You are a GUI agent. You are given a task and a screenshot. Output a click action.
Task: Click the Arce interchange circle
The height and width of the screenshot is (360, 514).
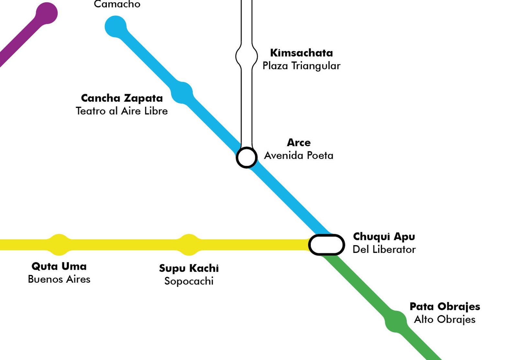click(247, 158)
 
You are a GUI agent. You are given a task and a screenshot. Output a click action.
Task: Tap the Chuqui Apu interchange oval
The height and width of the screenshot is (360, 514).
click(326, 245)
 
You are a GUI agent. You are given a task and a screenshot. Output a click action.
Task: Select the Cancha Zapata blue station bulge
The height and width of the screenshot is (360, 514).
click(182, 93)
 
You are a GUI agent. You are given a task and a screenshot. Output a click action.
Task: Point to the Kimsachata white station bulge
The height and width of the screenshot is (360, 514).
click(247, 56)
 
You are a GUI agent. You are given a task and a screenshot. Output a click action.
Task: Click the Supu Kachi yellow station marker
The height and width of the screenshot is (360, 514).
click(189, 245)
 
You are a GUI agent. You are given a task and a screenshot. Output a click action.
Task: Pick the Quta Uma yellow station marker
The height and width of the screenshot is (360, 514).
click(59, 245)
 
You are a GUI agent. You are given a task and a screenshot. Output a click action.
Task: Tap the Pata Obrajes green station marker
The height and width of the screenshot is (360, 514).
click(396, 321)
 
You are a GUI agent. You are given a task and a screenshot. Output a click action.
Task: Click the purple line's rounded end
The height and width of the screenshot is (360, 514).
click(47, 13)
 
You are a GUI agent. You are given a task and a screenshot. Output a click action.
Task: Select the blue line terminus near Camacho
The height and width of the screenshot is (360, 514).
click(116, 27)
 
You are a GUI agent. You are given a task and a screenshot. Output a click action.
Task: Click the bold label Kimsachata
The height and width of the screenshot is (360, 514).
click(301, 53)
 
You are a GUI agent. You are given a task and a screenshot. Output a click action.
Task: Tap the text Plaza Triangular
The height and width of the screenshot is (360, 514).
click(301, 66)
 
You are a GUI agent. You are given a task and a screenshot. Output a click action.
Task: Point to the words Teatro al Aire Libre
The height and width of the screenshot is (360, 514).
click(122, 111)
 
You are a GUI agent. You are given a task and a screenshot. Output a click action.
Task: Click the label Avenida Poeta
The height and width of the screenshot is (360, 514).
click(298, 156)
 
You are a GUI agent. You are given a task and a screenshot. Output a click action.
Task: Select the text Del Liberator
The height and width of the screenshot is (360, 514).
click(384, 249)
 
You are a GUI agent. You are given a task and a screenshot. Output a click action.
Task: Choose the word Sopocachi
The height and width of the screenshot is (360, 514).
click(189, 281)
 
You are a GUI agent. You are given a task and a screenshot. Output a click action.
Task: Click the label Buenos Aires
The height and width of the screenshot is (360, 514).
click(59, 279)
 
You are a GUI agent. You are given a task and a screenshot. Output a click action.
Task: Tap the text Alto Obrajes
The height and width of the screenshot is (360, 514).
click(444, 320)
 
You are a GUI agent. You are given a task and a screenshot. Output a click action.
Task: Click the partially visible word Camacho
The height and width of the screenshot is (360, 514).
click(117, 4)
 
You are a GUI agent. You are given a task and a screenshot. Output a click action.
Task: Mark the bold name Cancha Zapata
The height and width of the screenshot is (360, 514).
click(122, 98)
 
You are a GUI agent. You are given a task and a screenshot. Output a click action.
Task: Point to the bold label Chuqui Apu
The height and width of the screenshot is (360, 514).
click(384, 236)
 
